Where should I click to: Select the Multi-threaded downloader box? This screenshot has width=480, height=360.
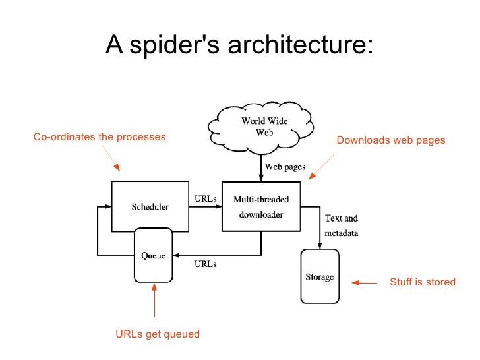point(261,206)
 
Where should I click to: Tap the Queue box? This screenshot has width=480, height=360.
point(154,255)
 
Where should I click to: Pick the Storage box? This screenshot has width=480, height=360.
point(320,276)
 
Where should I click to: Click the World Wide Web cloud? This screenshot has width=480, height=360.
point(261,128)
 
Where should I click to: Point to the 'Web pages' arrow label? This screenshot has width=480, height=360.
point(285,167)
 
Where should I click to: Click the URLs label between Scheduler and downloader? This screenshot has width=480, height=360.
point(206,198)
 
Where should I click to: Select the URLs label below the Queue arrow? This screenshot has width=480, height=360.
point(206,264)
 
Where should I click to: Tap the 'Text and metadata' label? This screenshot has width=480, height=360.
point(342,225)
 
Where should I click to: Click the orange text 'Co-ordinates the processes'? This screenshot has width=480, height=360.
point(100,137)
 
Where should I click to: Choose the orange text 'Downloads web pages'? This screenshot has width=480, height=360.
point(391,140)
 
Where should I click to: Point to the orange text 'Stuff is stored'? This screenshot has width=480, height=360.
point(423,282)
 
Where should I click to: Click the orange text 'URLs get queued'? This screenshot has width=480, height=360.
point(158,334)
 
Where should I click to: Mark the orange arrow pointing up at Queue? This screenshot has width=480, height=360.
point(154,300)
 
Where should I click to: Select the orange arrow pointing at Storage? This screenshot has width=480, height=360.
point(364,283)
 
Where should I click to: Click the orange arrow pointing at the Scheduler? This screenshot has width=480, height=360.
point(111,158)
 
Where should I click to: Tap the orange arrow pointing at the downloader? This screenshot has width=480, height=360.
point(321,167)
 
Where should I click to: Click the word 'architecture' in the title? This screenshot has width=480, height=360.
point(301,44)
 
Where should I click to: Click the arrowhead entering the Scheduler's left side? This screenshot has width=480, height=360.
point(107,206)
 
